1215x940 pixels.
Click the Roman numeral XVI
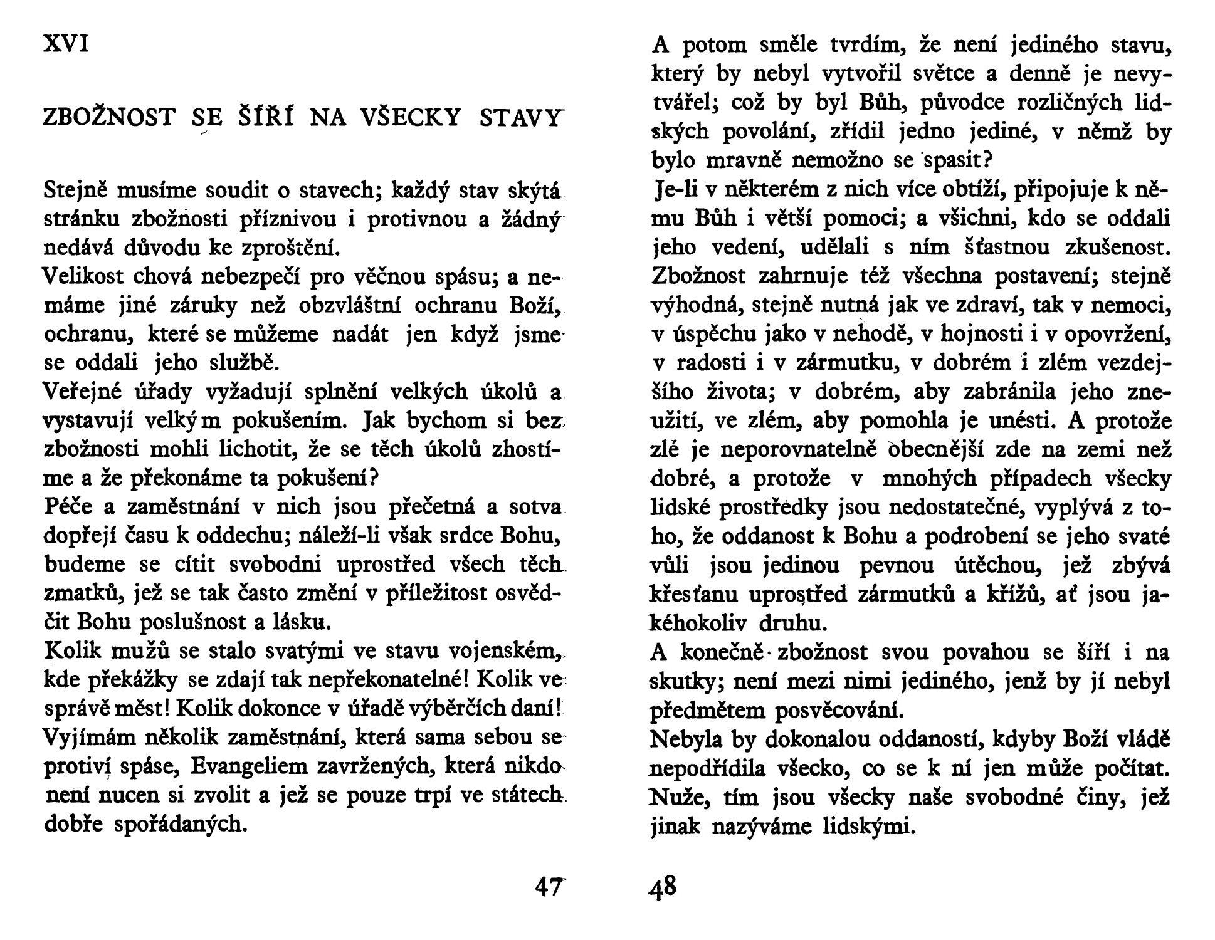(66, 44)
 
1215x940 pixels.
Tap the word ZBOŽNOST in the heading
(108, 118)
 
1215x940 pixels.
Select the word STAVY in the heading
(518, 118)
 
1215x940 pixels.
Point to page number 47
(550, 887)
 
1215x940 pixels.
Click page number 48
(662, 887)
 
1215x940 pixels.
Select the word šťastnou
(1006, 248)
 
